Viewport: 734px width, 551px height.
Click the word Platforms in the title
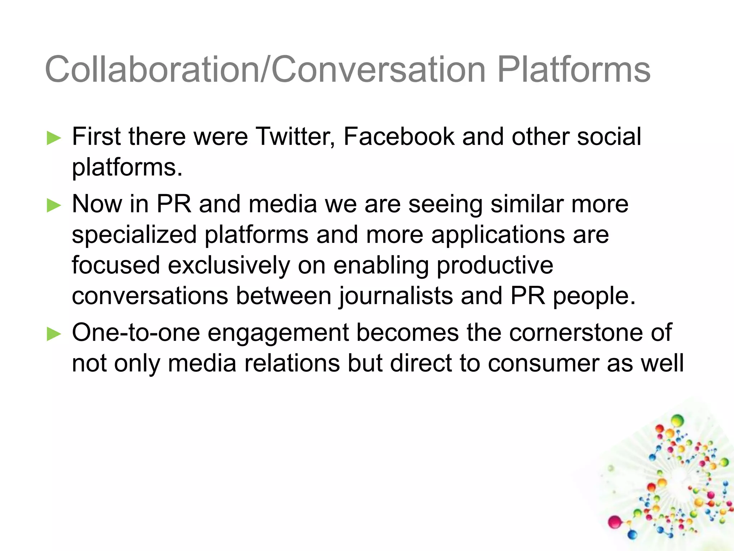pyautogui.click(x=573, y=70)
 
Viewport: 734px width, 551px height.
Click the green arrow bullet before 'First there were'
pyautogui.click(x=54, y=138)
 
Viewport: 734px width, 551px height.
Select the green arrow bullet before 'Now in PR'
pyautogui.click(x=54, y=206)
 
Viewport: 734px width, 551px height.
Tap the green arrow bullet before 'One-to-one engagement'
pyautogui.click(x=54, y=334)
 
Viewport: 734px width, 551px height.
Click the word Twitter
pyautogui.click(x=295, y=137)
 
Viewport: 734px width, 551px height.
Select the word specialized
pyautogui.click(x=134, y=235)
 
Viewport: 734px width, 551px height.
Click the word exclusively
pyautogui.click(x=229, y=265)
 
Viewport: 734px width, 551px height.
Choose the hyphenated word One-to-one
pyautogui.click(x=136, y=333)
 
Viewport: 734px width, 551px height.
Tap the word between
pyautogui.click(x=283, y=296)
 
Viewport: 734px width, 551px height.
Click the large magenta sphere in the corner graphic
pyautogui.click(x=615, y=522)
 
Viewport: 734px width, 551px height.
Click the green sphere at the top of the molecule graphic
pyautogui.click(x=677, y=420)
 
